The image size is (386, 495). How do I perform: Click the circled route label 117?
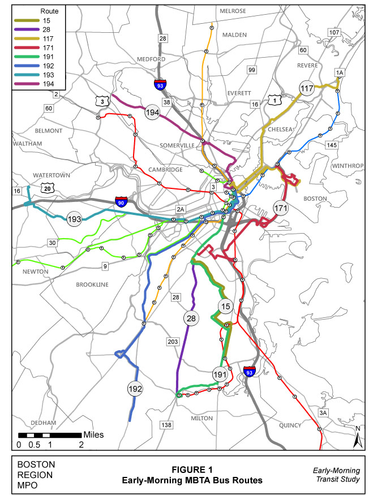click(307, 88)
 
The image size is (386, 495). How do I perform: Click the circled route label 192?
click(135, 389)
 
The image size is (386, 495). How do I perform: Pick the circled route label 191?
click(220, 375)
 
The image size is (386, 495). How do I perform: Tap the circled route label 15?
click(226, 306)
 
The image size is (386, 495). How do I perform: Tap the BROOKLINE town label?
click(92, 285)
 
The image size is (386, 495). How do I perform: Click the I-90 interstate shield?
click(121, 202)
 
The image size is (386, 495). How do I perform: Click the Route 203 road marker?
click(173, 341)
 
